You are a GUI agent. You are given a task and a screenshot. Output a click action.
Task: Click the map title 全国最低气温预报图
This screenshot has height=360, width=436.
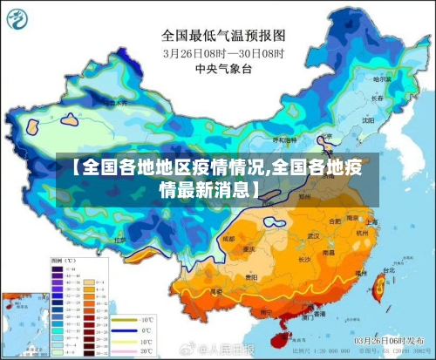[223, 36]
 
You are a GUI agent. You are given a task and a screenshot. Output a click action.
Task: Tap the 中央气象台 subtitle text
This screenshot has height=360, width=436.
[223, 68]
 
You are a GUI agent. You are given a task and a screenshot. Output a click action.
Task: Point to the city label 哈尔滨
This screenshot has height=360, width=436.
[380, 79]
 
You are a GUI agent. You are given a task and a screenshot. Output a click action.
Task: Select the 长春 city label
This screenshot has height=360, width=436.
[378, 98]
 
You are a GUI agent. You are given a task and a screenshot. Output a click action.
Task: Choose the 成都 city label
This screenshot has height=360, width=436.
[229, 236]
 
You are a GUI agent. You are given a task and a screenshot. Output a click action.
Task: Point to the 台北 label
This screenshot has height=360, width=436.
[382, 271]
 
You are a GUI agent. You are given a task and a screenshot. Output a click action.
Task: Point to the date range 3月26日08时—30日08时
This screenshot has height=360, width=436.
[223, 52]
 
